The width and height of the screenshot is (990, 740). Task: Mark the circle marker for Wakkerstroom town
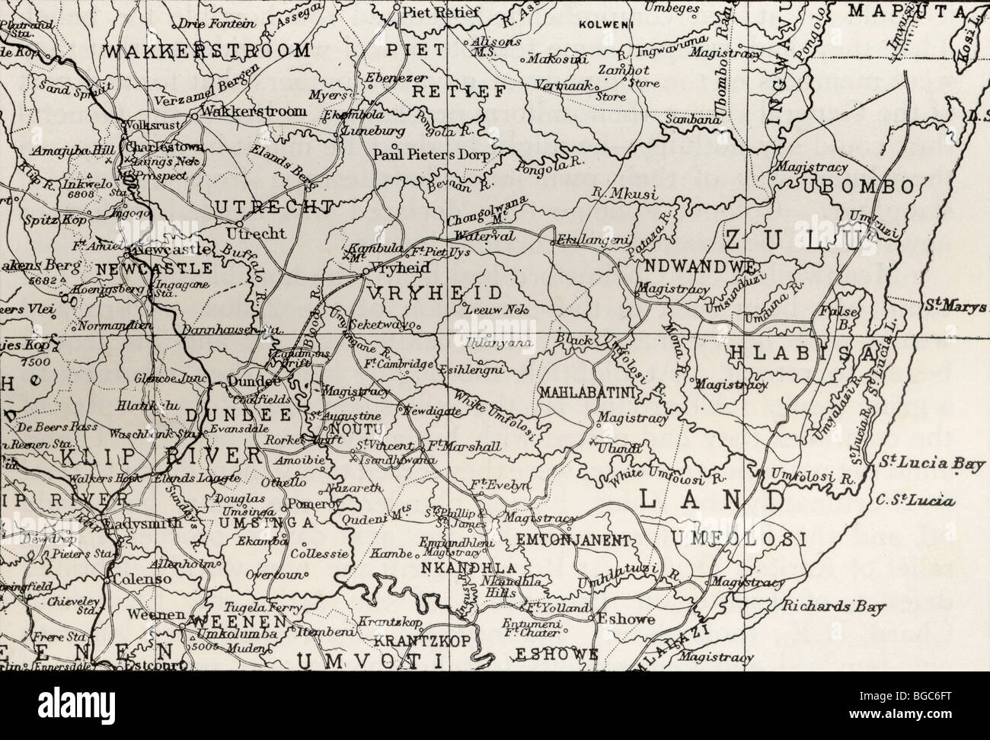[195, 116]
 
